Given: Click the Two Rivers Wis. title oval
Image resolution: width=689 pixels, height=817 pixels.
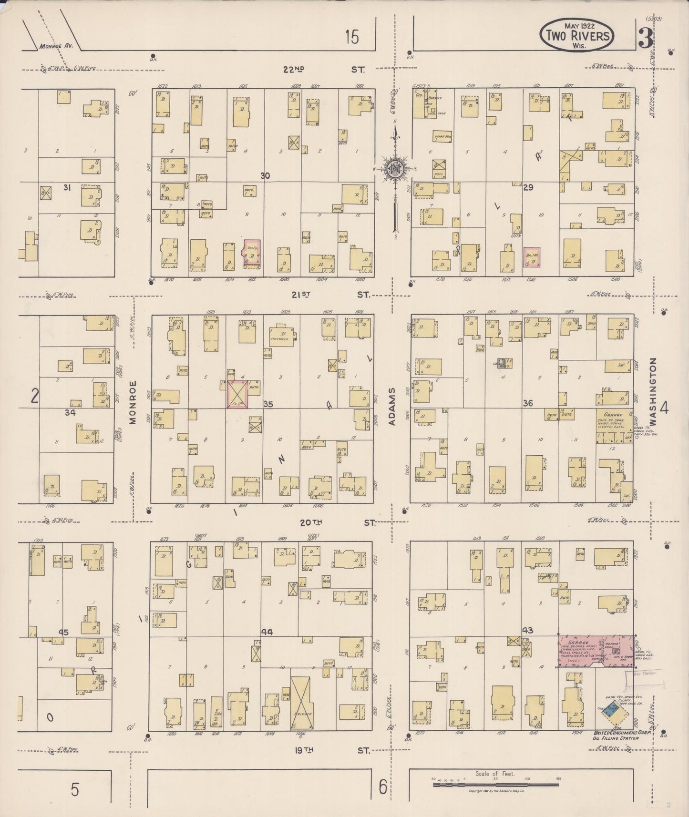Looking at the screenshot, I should (576, 35).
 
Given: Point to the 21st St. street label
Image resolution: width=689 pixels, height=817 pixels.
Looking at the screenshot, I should (329, 295).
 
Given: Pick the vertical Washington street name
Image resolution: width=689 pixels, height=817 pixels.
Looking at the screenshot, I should (652, 392).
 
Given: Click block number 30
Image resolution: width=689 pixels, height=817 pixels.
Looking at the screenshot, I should (265, 176).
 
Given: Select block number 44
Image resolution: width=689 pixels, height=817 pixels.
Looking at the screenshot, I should (267, 632).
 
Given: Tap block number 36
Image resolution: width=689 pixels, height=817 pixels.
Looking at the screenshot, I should (527, 403).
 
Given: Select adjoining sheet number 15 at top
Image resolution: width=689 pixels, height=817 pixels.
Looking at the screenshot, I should (352, 37).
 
